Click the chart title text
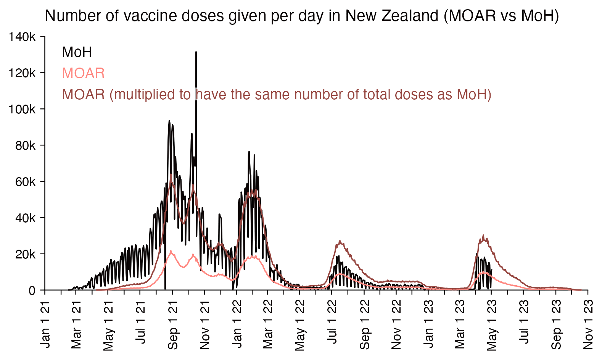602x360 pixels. coord(302,16)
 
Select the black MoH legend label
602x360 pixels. coord(77,52)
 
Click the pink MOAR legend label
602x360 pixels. coord(83,73)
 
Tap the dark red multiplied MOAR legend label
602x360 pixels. coord(277,94)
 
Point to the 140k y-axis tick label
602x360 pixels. coord(22,37)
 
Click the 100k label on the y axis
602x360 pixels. coord(22,110)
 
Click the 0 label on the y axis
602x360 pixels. coord(32,291)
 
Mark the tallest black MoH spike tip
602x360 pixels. coord(196,52)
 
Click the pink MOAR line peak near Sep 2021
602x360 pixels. coord(171,251)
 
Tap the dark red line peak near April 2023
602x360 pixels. coord(483,236)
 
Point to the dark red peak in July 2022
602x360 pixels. coord(340,241)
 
